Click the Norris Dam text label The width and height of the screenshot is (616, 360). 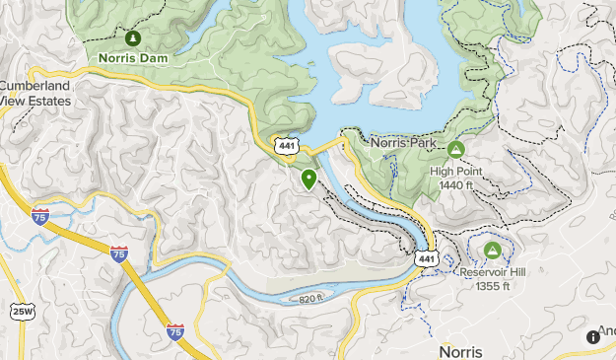pos(133,58)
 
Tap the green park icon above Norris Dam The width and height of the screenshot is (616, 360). pos(133,37)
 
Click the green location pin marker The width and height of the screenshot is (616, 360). pos(309,179)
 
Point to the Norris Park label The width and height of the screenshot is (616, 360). pos(403,143)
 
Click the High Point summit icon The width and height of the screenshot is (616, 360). pos(455,150)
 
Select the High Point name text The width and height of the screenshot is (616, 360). pos(455,170)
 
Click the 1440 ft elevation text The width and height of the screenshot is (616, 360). pos(455,183)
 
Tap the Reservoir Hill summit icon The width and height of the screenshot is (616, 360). pos(492,251)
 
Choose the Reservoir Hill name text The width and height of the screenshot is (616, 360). pos(492,272)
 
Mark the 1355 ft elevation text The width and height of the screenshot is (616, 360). pos(492,286)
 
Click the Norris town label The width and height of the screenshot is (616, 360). pos(460,352)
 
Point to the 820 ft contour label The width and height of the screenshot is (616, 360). pos(310,298)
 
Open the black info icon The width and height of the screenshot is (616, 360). pos(593,336)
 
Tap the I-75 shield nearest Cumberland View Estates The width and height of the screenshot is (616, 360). pos(40,215)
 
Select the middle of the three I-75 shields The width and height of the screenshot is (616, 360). pos(118,253)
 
